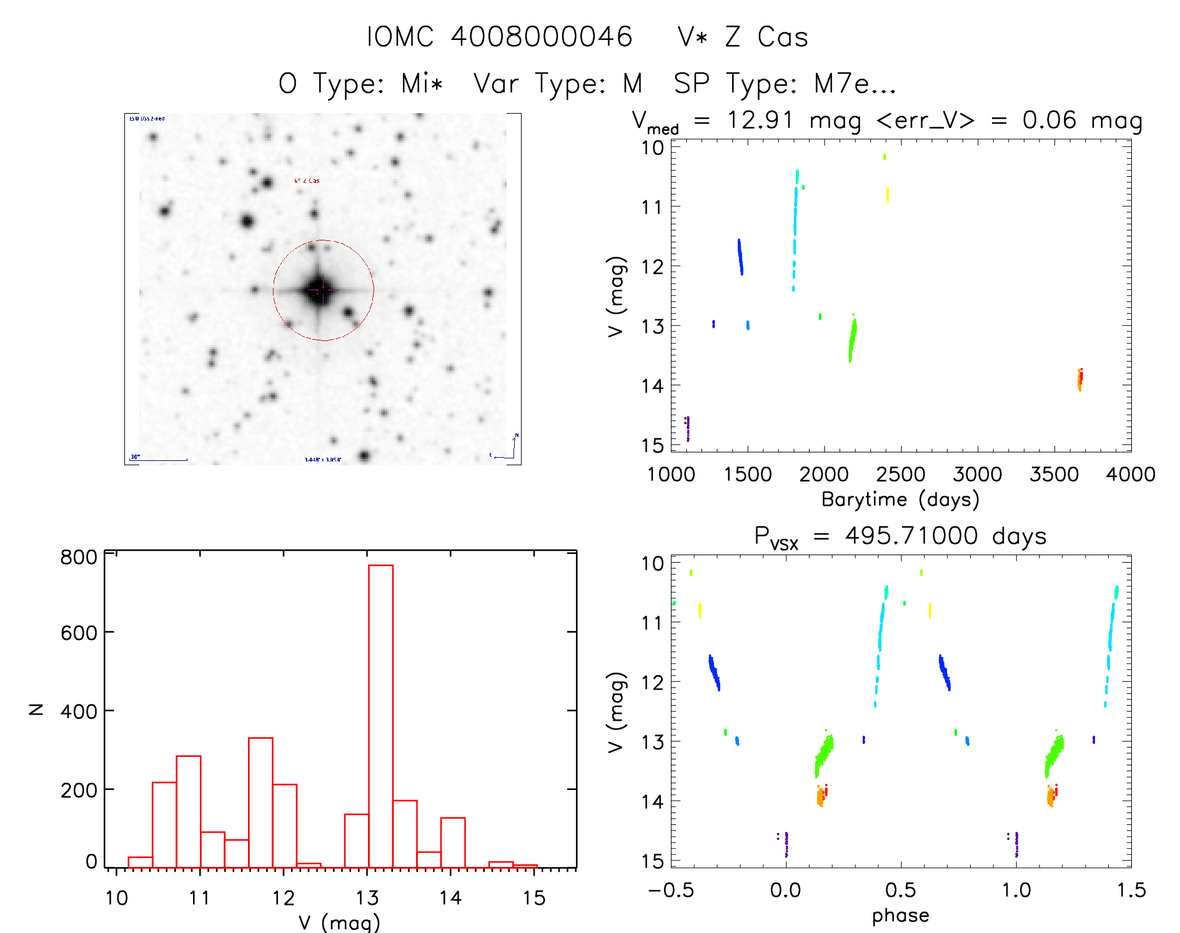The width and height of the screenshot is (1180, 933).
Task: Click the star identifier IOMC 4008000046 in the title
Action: [500, 37]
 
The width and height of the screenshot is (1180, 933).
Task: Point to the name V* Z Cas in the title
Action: [743, 37]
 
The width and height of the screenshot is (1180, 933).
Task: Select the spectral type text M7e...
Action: [841, 84]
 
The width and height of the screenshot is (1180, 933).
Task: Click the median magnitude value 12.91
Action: [760, 119]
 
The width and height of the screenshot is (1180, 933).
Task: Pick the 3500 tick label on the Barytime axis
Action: [1054, 475]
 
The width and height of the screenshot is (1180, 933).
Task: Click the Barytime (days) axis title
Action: [900, 500]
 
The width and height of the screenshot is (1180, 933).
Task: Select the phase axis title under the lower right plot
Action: [900, 916]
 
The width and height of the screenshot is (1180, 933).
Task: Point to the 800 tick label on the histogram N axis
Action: [79, 557]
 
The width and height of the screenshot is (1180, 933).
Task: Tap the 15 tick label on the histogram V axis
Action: [534, 898]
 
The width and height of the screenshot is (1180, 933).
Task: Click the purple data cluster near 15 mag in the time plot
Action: [688, 428]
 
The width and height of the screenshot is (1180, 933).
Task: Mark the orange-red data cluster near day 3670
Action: [1079, 379]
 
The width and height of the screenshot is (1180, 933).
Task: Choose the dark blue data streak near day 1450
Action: [740, 257]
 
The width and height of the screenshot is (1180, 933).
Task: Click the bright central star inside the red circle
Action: [319, 290]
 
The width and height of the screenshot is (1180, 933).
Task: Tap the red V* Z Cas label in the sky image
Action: [307, 181]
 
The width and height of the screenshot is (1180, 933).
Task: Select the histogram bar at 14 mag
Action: [453, 842]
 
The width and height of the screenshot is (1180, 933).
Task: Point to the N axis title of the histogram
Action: [37, 709]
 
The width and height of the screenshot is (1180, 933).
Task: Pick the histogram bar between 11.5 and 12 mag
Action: [260, 802]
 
